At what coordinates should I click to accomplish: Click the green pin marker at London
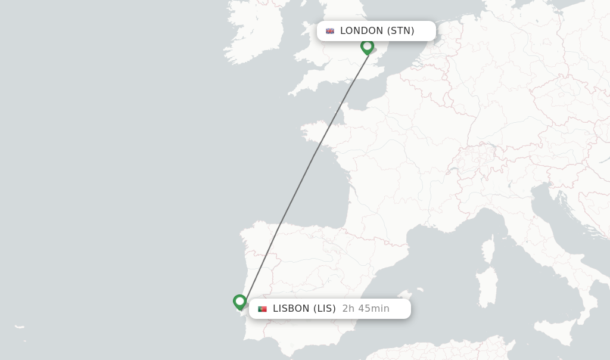click(x=368, y=46)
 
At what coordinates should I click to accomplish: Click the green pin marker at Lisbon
click(x=239, y=302)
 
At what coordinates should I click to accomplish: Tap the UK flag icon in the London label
click(x=330, y=31)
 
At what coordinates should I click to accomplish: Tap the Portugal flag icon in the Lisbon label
click(x=262, y=309)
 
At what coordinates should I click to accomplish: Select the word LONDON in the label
click(x=362, y=31)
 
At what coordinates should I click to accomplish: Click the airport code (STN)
click(x=400, y=31)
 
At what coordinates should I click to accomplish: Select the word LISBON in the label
click(x=291, y=309)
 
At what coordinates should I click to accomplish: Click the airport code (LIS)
click(x=325, y=309)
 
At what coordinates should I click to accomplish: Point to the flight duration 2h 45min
click(x=366, y=309)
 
